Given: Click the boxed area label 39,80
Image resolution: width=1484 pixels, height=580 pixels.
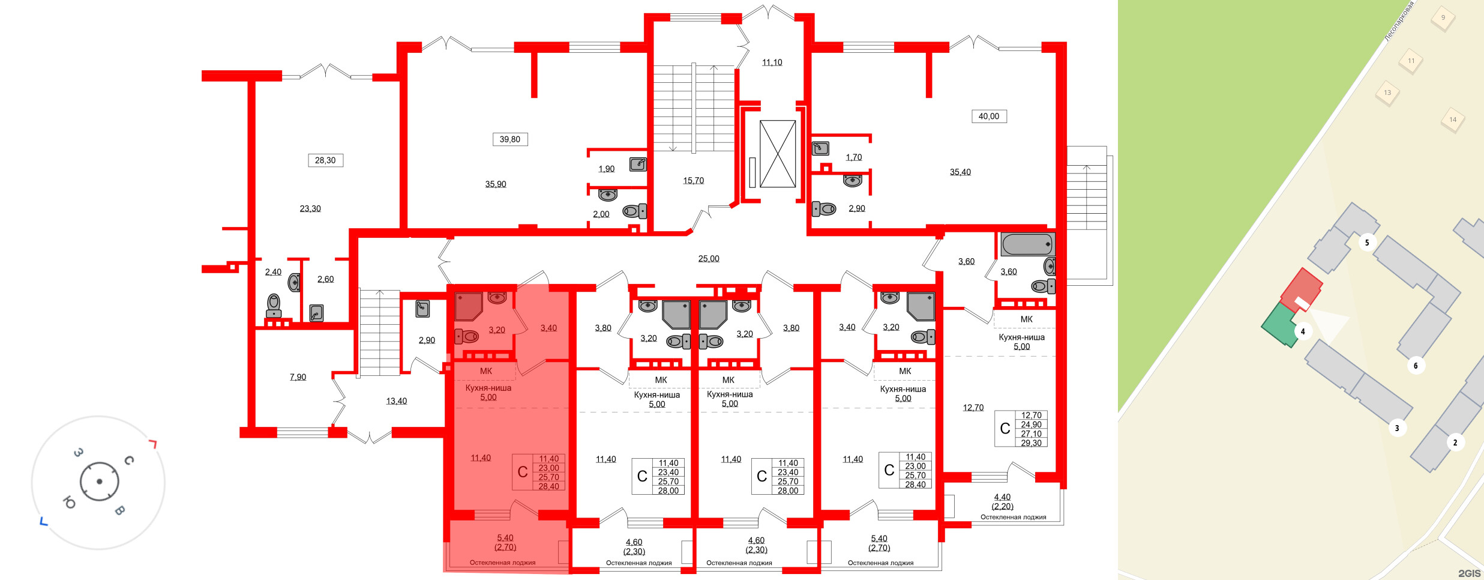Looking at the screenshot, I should pos(509,139).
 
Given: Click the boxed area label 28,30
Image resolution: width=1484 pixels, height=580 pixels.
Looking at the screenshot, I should pos(325,160).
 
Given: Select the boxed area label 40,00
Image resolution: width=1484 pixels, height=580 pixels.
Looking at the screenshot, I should pos(989,116).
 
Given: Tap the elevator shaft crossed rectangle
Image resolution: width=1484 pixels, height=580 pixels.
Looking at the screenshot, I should pos(778,154).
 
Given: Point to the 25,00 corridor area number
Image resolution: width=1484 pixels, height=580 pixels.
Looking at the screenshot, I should pos(708,259).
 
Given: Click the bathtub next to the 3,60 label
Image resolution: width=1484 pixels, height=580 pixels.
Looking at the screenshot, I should pos(1027,244).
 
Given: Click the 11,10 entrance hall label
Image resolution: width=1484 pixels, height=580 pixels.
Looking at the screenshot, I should pos(772,62).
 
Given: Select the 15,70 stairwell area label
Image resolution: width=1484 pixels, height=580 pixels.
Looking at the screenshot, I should pos(693,181).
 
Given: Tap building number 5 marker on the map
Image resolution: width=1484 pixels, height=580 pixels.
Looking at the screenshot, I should pos(1367,243).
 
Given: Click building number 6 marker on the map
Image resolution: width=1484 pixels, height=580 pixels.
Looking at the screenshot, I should pos(1416,366).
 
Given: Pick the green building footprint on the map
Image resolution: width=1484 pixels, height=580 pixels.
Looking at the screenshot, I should pos(1279,326).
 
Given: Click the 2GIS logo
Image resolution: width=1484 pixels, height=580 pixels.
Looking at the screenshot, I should pos(1469,573).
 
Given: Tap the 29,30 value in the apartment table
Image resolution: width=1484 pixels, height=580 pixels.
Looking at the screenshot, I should pos(1031,443).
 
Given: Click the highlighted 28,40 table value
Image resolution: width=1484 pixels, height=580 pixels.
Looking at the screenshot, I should pos(548,486).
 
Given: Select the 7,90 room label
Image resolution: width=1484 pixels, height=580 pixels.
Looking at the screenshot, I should pos(298,377).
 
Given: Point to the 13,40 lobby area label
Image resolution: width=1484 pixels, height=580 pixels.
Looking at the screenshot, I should pos(396,401).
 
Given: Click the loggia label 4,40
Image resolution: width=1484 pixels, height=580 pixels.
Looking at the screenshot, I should pos(1002,497).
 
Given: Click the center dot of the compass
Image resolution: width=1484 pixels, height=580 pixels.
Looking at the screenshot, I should pos(99,482).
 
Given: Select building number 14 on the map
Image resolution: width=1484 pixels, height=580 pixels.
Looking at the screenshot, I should pos(1453,119).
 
